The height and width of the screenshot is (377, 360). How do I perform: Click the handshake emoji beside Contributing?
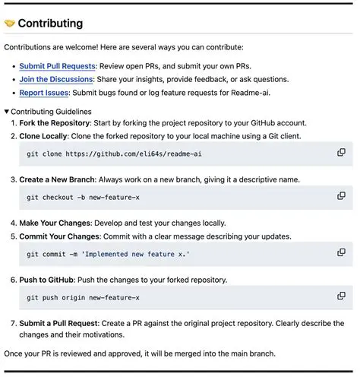pyautogui.click(x=10, y=24)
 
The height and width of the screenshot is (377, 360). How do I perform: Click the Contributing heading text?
pyautogui.click(x=50, y=24)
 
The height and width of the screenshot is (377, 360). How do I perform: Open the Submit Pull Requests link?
pyautogui.click(x=57, y=66)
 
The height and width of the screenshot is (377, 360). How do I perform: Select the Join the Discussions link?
pyautogui.click(x=55, y=79)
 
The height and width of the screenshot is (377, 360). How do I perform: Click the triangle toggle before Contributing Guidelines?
pyautogui.click(x=7, y=112)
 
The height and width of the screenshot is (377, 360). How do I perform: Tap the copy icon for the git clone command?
pyautogui.click(x=341, y=153)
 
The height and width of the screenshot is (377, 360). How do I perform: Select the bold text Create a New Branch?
pyautogui.click(x=57, y=180)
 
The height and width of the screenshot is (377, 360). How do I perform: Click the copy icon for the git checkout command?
pyautogui.click(x=341, y=197)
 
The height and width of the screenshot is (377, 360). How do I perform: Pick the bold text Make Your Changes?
pyautogui.click(x=55, y=223)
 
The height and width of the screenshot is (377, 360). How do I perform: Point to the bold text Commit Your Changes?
pyautogui.click(x=60, y=236)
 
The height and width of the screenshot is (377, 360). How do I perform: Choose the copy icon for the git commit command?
pyautogui.click(x=341, y=253)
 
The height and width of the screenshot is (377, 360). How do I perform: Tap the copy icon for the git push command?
pyautogui.click(x=341, y=296)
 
